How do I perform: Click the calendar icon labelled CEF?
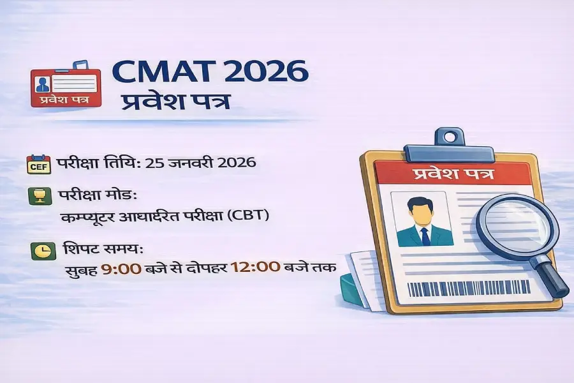click(x=38, y=164)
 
